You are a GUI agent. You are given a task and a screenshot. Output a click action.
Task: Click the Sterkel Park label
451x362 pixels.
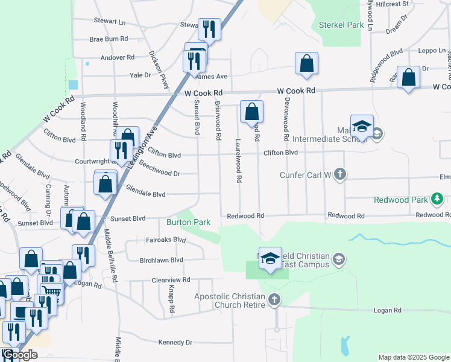tap(341, 25)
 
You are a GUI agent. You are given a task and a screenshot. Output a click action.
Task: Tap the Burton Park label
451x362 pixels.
tap(188, 222)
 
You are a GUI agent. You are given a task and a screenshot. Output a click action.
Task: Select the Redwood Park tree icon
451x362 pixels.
tap(438, 198)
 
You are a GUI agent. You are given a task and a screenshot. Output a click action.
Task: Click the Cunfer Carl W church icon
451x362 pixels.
tap(340, 175)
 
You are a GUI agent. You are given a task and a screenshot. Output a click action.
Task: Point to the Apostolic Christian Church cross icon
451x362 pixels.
tap(274, 300)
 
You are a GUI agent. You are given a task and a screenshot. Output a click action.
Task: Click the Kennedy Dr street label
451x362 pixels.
tap(175, 342)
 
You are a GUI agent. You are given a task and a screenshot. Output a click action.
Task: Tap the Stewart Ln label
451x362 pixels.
tap(109, 21)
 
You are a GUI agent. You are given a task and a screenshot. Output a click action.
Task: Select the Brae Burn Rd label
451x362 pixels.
tap(109, 39)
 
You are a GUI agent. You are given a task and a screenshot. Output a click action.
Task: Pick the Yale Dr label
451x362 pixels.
tap(140, 75)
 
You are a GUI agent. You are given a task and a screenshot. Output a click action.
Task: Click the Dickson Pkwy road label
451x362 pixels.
tap(158, 70)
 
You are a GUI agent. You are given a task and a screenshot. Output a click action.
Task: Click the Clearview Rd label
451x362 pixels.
tap(171, 280)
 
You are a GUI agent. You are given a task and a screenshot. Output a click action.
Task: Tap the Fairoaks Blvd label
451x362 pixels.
tap(166, 240)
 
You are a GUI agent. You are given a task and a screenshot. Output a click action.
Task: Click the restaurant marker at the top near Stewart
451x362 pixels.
tap(209, 28)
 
